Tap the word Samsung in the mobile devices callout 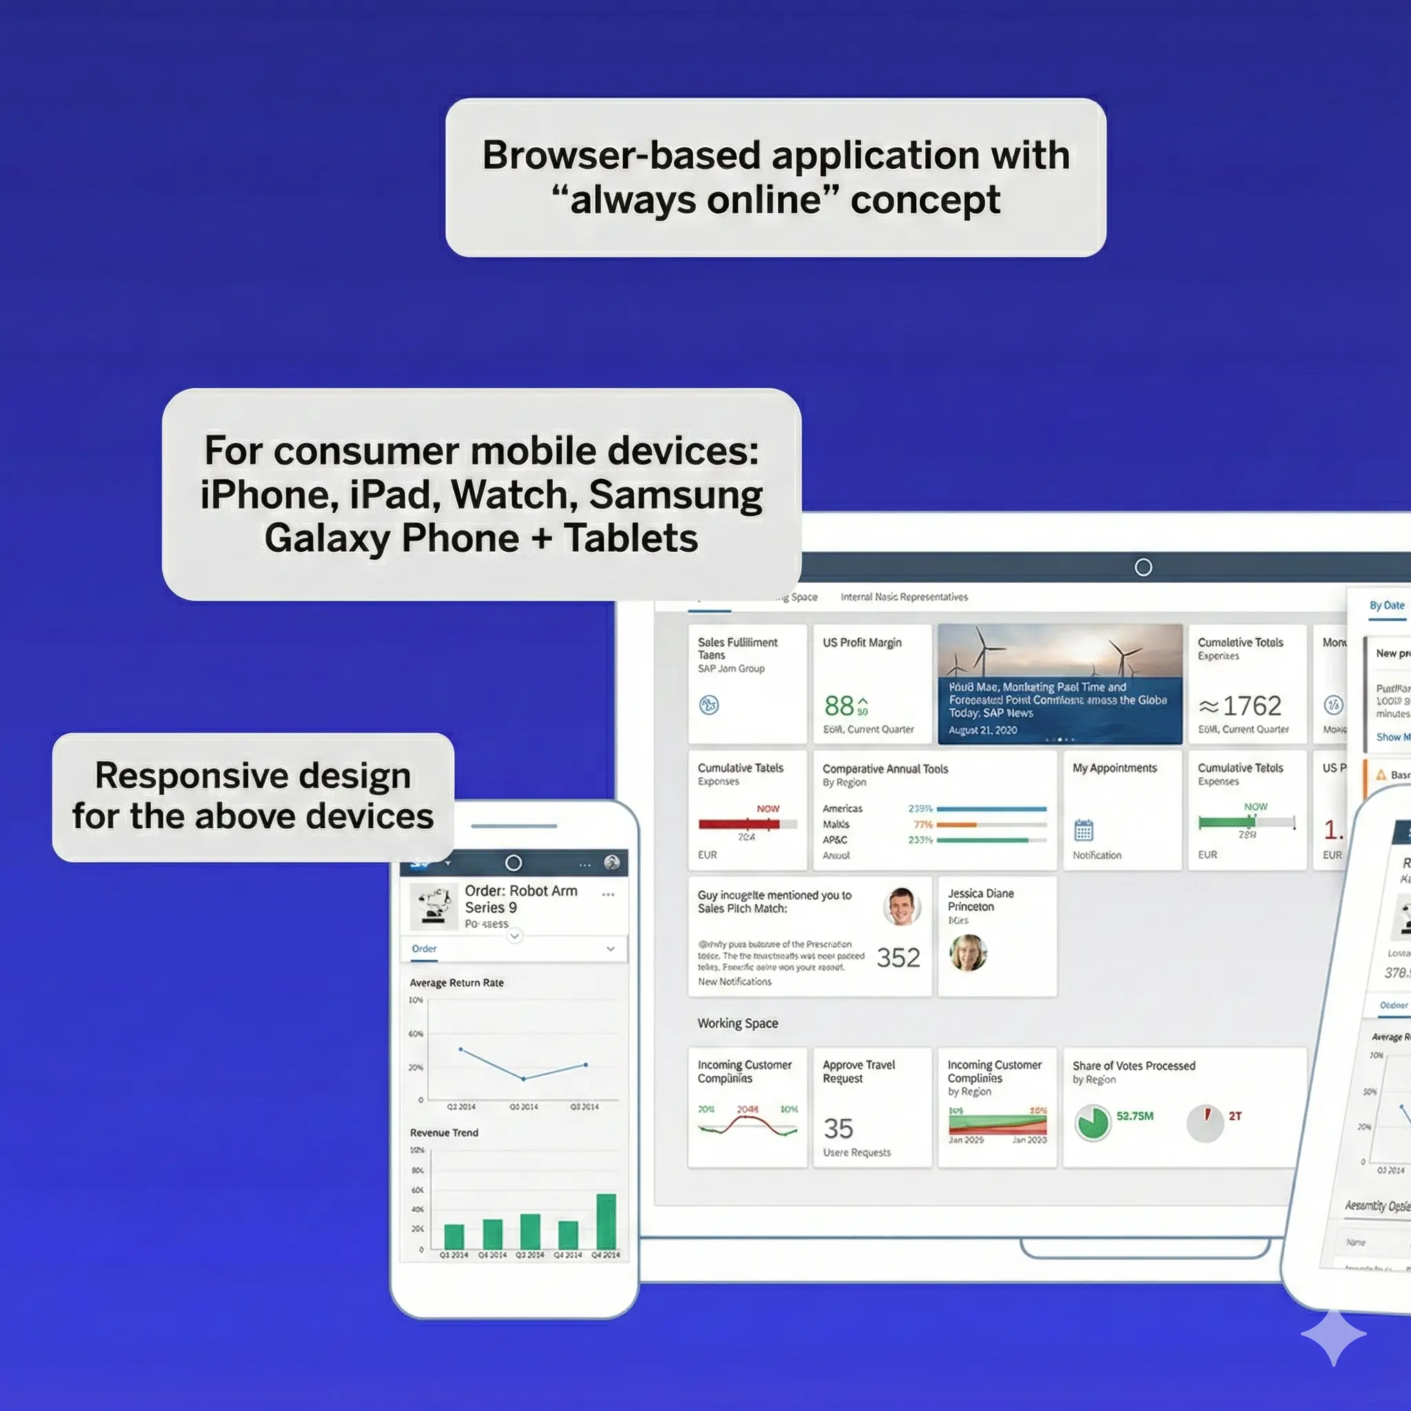pyautogui.click(x=676, y=495)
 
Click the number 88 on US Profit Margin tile pyautogui.click(x=839, y=705)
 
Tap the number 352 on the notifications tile pyautogui.click(x=898, y=958)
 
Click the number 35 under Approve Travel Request pyautogui.click(x=838, y=1129)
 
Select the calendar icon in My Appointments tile pyautogui.click(x=1084, y=830)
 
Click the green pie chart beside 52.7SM pyautogui.click(x=1093, y=1122)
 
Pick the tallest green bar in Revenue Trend pyautogui.click(x=606, y=1222)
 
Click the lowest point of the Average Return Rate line pyautogui.click(x=524, y=1078)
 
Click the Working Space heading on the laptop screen pyautogui.click(x=738, y=1023)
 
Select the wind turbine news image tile pyautogui.click(x=1060, y=683)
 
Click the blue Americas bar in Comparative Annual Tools pyautogui.click(x=991, y=808)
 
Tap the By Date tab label pyautogui.click(x=1387, y=606)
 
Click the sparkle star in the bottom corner pyautogui.click(x=1334, y=1335)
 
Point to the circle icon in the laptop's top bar pyautogui.click(x=1143, y=568)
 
